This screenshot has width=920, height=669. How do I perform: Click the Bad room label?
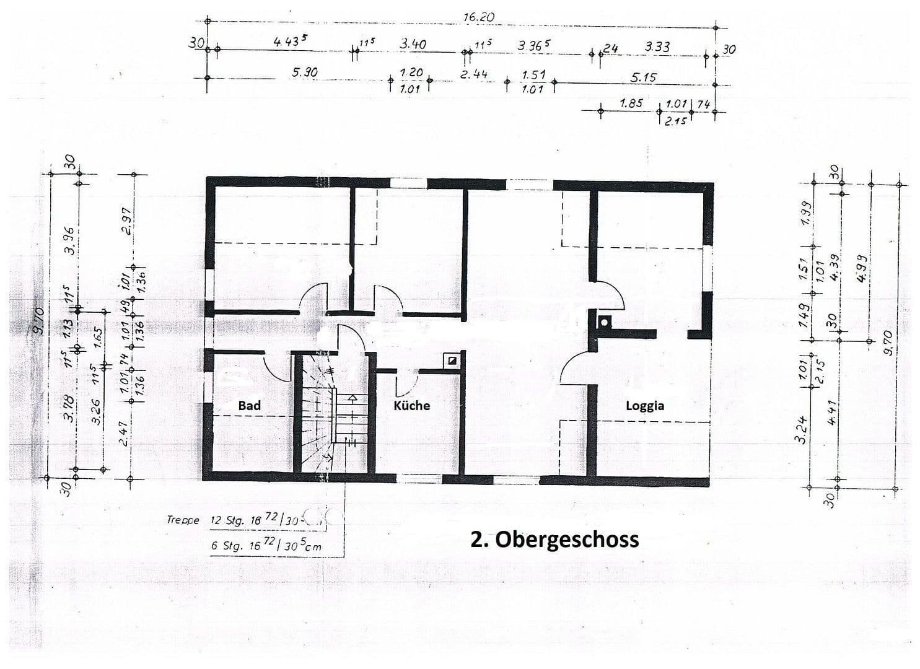[x=249, y=406]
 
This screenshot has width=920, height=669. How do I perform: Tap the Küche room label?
[x=411, y=406]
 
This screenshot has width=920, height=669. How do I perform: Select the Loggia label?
[x=644, y=406]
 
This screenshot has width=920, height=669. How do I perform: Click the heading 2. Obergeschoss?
[x=554, y=539]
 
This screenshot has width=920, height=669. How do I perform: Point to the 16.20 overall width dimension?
[x=478, y=17]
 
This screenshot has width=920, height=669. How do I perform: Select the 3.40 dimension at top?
[x=413, y=44]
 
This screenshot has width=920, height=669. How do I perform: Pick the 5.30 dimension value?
[x=304, y=72]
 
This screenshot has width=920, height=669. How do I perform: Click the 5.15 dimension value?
[x=644, y=77]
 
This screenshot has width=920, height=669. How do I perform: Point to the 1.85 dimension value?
[x=631, y=103]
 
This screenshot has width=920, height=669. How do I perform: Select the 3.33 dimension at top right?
[x=657, y=46]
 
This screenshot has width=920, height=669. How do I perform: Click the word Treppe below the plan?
[x=183, y=520]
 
